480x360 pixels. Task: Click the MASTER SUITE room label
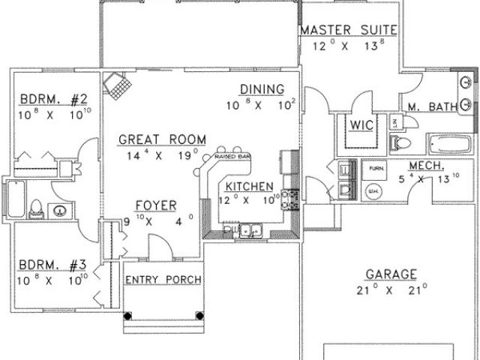click(349, 31)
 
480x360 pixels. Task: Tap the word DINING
click(262, 90)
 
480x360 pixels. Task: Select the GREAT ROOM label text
click(156, 139)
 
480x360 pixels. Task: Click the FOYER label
click(155, 205)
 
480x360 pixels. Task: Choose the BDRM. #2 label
click(54, 99)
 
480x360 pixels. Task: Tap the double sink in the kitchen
click(247, 231)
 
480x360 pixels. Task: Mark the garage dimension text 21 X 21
click(391, 288)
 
